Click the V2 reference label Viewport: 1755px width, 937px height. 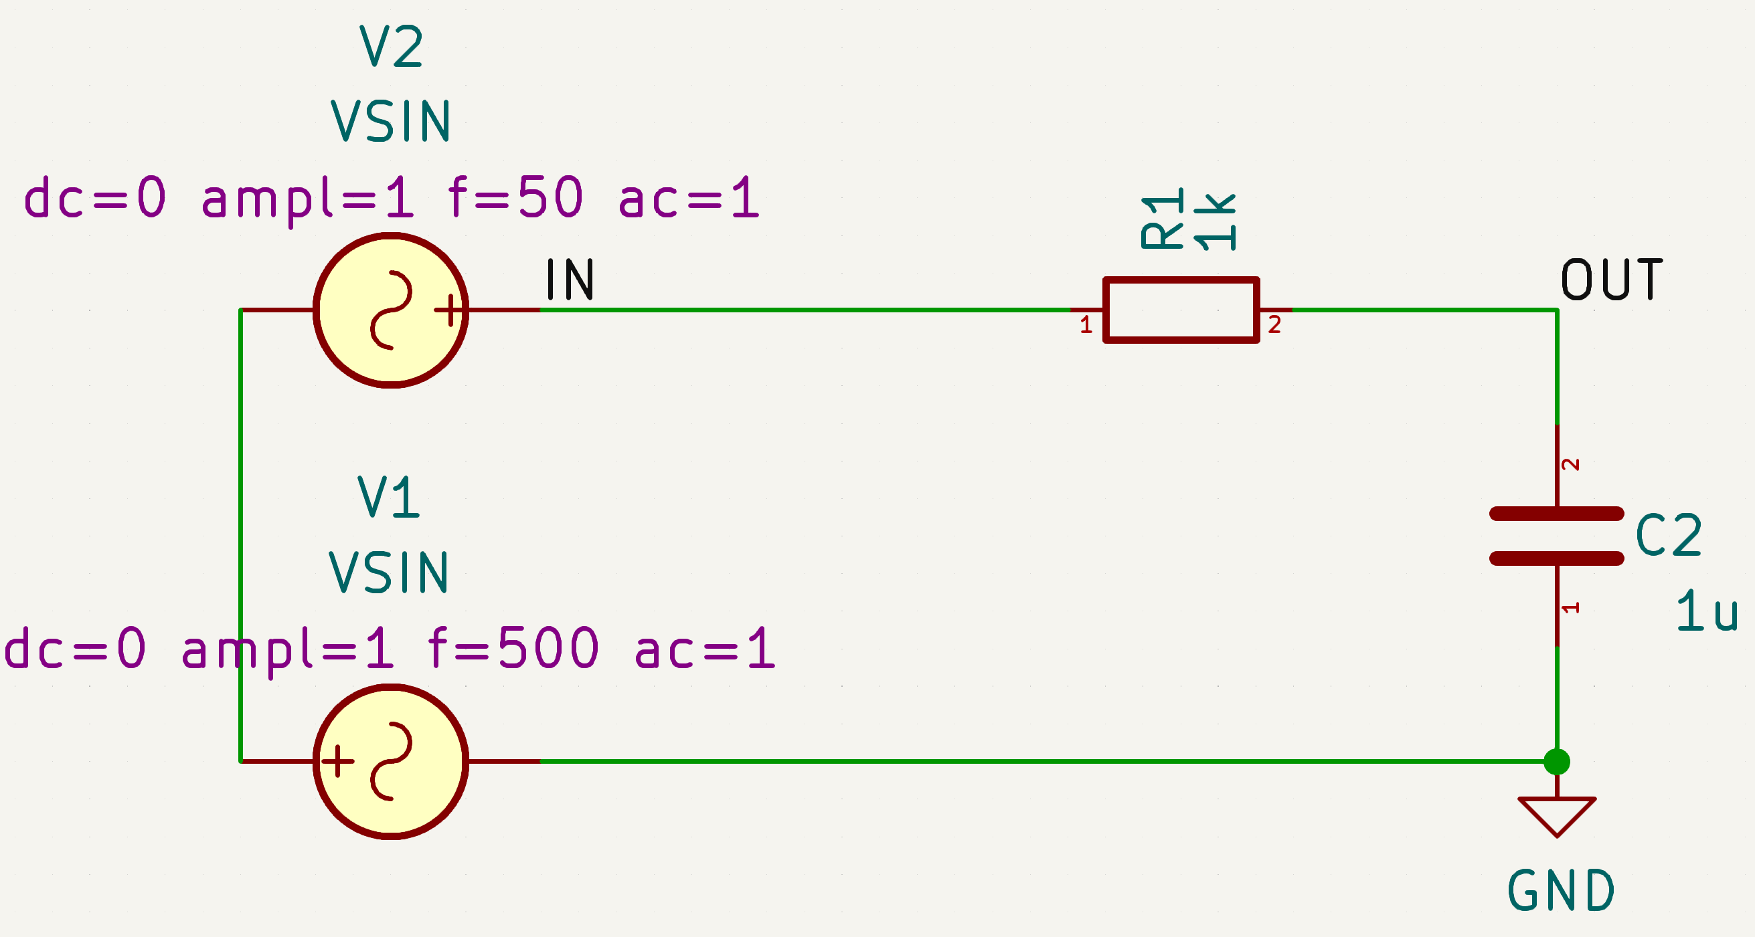[x=391, y=46]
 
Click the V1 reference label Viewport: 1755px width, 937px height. [x=388, y=497]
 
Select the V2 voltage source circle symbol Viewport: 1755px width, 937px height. [x=390, y=310]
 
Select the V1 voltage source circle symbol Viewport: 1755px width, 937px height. [x=390, y=761]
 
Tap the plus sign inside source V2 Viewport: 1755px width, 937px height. [x=449, y=310]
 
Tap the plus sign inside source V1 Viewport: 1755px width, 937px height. [x=337, y=760]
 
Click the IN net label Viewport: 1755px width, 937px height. [x=570, y=280]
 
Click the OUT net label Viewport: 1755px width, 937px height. [x=1612, y=280]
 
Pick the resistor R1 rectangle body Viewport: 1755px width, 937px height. [x=1181, y=310]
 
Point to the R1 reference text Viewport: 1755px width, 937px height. [x=1162, y=218]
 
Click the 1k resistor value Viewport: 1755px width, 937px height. [x=1215, y=222]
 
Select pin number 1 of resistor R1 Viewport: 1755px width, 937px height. [x=1086, y=325]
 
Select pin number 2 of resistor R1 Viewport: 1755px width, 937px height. [x=1274, y=325]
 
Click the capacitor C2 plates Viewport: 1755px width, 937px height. [x=1557, y=536]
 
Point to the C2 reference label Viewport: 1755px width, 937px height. [x=1668, y=536]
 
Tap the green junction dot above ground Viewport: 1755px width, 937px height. [x=1557, y=761]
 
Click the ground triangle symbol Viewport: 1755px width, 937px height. [x=1557, y=815]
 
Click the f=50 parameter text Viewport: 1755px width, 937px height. [x=516, y=198]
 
